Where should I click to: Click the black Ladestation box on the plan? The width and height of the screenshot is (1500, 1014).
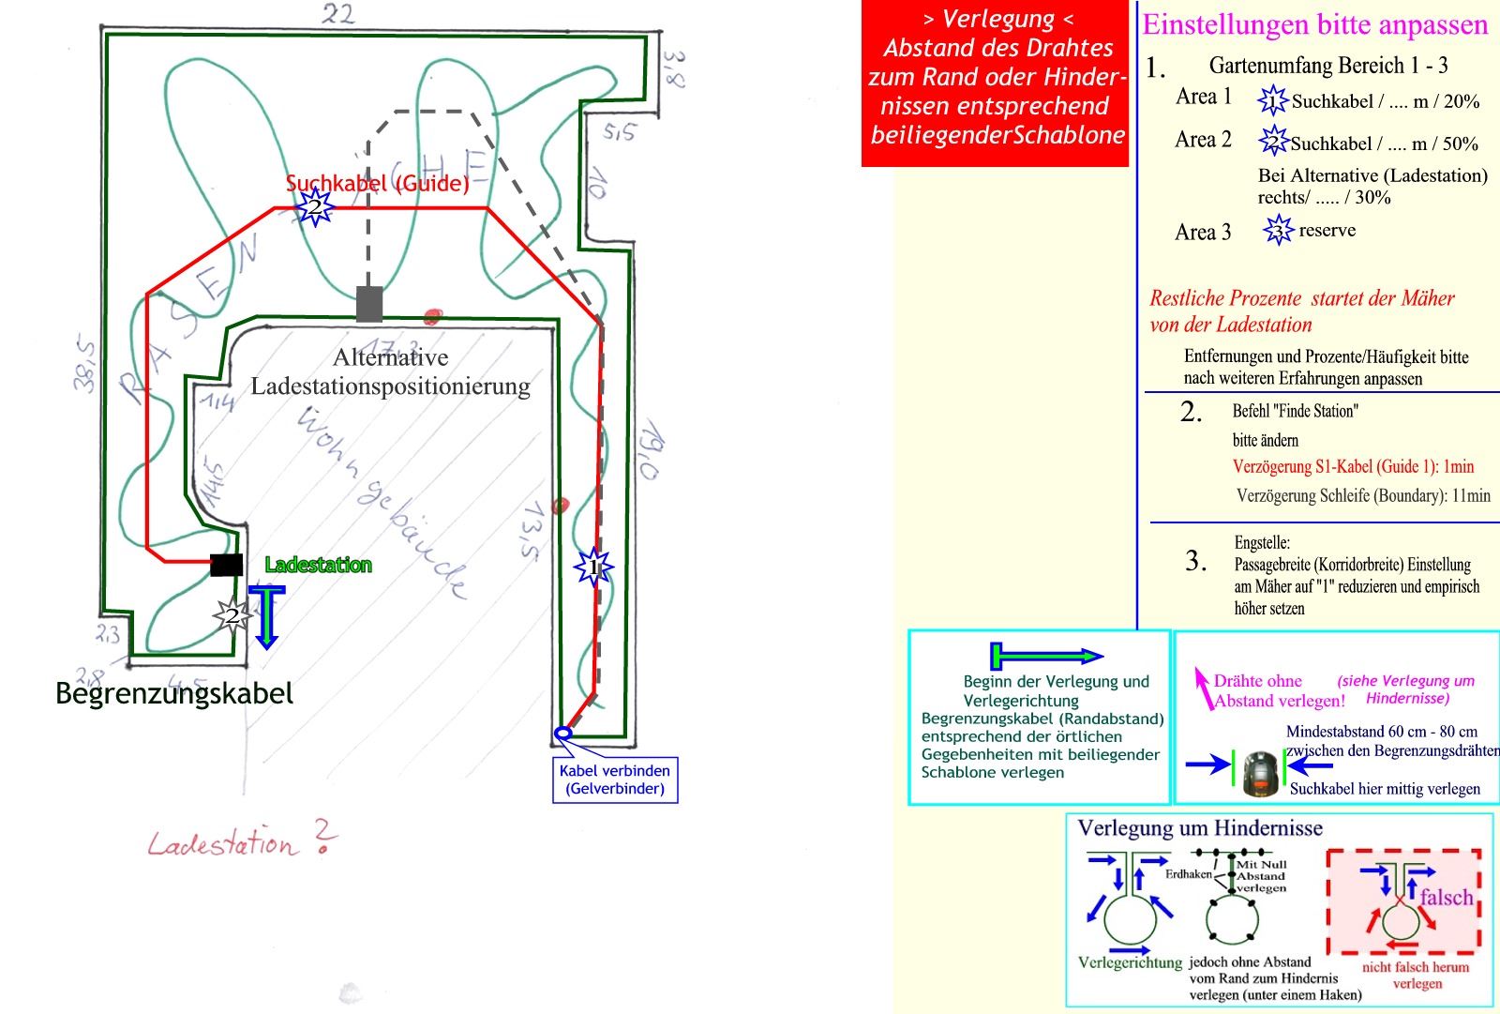point(226,565)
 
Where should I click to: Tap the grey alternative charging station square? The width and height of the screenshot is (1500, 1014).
point(369,303)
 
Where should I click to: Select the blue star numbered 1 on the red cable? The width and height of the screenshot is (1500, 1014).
point(592,568)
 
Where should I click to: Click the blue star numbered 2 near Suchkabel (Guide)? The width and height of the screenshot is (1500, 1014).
point(315,207)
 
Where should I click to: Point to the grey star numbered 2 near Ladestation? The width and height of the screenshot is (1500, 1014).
point(231,616)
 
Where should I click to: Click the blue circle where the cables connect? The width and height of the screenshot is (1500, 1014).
point(562,733)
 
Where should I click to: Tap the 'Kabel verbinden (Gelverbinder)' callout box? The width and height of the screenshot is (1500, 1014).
point(615,779)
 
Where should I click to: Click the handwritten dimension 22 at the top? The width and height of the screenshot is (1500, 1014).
point(338,14)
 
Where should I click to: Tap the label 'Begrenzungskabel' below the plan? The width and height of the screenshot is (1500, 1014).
point(174,694)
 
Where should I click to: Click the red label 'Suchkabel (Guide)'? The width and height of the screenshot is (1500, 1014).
point(377,183)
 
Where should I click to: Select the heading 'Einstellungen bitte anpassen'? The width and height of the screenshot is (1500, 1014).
point(1314,25)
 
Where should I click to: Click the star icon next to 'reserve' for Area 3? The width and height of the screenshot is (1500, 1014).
point(1277,231)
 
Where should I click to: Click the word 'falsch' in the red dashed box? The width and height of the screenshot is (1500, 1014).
point(1446,898)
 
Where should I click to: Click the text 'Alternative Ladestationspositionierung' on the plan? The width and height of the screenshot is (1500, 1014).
point(390,371)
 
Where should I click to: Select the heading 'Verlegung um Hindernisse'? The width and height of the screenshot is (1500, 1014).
point(1200,828)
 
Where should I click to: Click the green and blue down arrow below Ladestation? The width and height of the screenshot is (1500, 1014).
point(267,616)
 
